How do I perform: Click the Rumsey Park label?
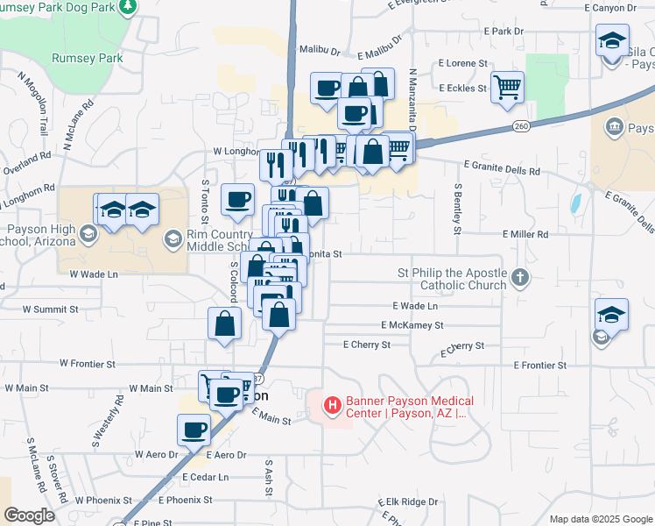87,59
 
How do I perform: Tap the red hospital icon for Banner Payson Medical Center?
333,405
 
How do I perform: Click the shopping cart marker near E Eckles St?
507,88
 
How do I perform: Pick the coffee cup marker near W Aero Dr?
194,430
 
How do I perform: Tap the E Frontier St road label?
540,365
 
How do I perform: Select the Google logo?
29,515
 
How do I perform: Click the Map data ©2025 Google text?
600,518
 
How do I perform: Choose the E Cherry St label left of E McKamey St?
367,345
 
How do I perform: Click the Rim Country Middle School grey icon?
173,238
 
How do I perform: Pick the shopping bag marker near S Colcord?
225,323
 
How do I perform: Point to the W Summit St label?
50,309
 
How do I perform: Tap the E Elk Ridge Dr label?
407,502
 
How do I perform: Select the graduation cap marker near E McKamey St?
611,315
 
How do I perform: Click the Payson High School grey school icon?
88,234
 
